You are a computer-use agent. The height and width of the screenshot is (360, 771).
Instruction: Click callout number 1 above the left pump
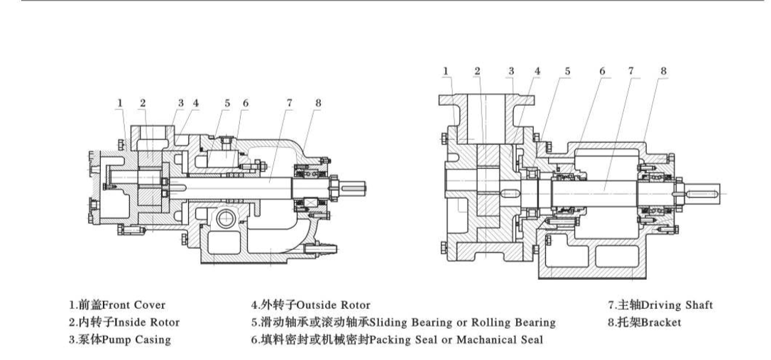[x=120, y=102]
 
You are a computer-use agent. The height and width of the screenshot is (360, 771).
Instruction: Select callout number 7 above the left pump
[x=289, y=102]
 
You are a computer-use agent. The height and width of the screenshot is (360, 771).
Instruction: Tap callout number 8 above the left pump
[x=317, y=102]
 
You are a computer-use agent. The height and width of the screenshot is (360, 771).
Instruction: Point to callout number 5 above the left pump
[x=227, y=102]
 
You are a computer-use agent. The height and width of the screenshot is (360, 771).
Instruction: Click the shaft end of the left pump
[x=357, y=190]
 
